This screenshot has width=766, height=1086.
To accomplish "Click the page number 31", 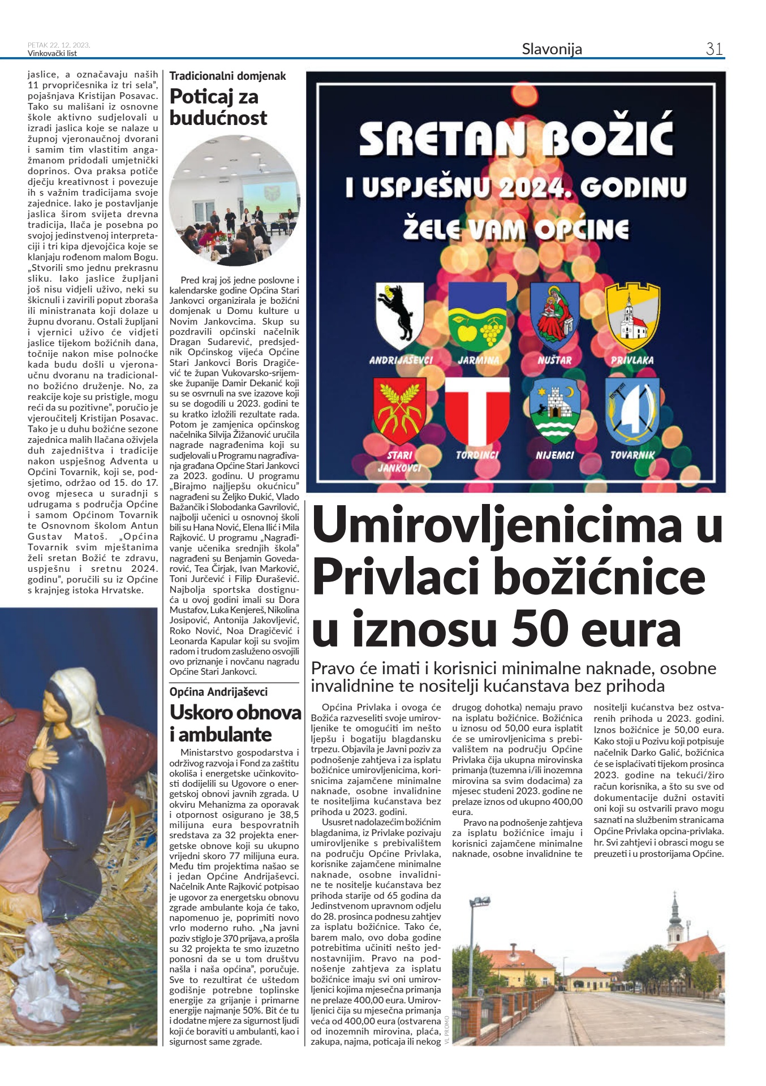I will pyautogui.click(x=714, y=49).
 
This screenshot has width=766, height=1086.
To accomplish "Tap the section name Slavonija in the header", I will pyautogui.click(x=552, y=49).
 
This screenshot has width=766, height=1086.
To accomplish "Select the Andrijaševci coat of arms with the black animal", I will pyautogui.click(x=399, y=316).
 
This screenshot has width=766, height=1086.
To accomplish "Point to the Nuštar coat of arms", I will pyautogui.click(x=554, y=316).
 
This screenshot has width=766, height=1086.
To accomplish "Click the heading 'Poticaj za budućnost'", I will pyautogui.click(x=218, y=107).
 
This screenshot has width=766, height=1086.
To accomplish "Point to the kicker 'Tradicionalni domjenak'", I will pyautogui.click(x=227, y=76).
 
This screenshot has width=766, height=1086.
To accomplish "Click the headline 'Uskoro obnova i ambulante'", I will pyautogui.click(x=235, y=723).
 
